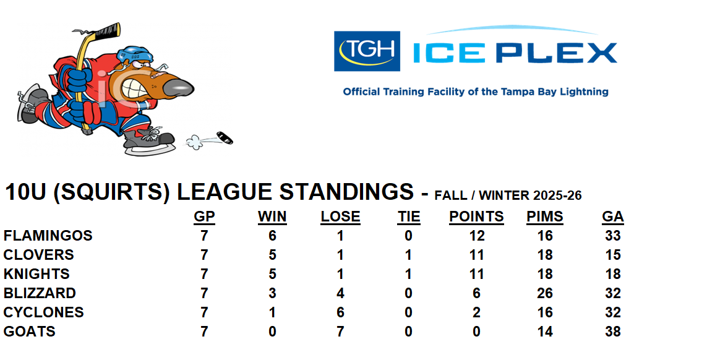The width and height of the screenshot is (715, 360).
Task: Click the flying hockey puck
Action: pos(225,137)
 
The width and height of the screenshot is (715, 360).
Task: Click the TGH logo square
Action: pos(367,51)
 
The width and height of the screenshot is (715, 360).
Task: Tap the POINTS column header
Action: pos(476,216)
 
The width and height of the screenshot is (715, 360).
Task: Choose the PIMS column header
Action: pos(545,216)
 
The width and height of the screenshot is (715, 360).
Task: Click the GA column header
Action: pos(613,216)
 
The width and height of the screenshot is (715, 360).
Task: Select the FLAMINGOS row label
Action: pos(48,236)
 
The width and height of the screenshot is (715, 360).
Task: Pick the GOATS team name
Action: pos(30,332)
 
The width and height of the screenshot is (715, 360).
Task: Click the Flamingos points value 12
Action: pos(476,236)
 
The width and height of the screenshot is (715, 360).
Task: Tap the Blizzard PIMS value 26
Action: pos(545,293)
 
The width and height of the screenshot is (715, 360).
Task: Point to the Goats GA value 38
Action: pos(613,332)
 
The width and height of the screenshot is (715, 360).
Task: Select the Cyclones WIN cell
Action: pos(272,312)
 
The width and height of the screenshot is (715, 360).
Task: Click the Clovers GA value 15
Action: pos(613,255)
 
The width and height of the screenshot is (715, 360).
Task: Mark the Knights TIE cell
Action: pos(408,274)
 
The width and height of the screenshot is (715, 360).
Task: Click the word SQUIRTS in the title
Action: pos(108,192)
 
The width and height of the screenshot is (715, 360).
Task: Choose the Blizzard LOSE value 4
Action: pos(340,293)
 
